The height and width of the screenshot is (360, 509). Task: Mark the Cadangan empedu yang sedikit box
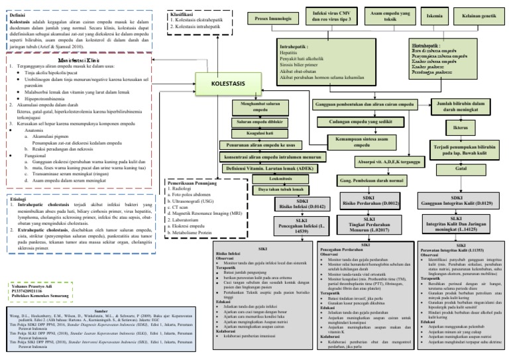[361, 122]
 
